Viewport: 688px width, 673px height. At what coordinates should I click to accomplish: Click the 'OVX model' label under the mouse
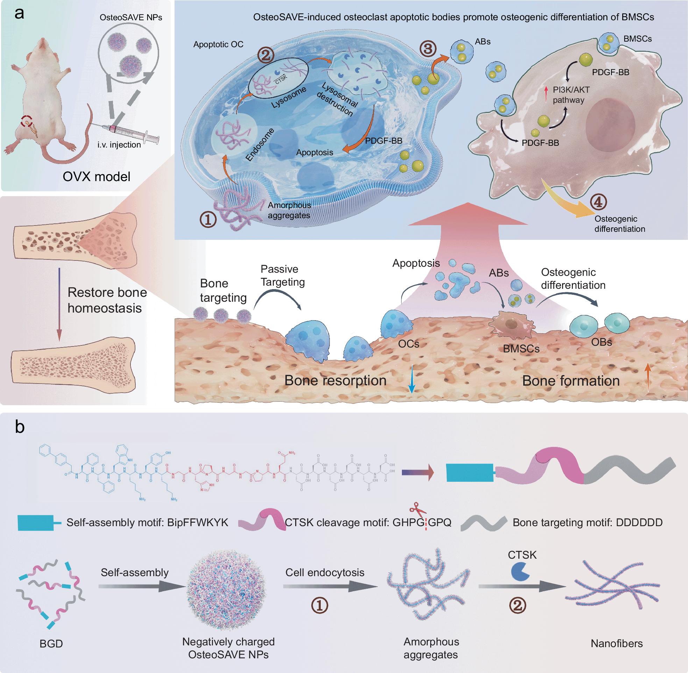pyautogui.click(x=96, y=177)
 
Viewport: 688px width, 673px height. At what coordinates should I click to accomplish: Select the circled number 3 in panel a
pyautogui.click(x=428, y=49)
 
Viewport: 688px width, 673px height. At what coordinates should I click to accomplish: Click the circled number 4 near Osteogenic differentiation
pyautogui.click(x=598, y=202)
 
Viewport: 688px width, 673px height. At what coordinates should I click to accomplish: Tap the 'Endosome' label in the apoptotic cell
pyautogui.click(x=260, y=145)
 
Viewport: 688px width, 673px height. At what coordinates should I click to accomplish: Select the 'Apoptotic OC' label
pyautogui.click(x=218, y=44)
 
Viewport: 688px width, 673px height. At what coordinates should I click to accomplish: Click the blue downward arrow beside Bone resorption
pyautogui.click(x=412, y=380)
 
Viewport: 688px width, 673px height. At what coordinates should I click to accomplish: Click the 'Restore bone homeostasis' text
pyautogui.click(x=107, y=300)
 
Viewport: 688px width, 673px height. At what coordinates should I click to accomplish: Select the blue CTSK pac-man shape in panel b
pyautogui.click(x=520, y=572)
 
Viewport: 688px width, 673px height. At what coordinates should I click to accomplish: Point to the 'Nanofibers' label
pyautogui.click(x=617, y=643)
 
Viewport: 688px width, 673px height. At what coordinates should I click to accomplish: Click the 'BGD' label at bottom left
pyautogui.click(x=51, y=644)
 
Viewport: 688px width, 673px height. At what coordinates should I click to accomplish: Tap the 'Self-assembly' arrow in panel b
pyautogui.click(x=141, y=587)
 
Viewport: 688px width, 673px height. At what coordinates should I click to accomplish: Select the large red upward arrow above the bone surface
pyautogui.click(x=467, y=226)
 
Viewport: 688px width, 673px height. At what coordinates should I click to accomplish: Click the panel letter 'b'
pyautogui.click(x=20, y=427)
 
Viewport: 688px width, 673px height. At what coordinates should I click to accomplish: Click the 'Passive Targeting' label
pyautogui.click(x=283, y=275)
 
